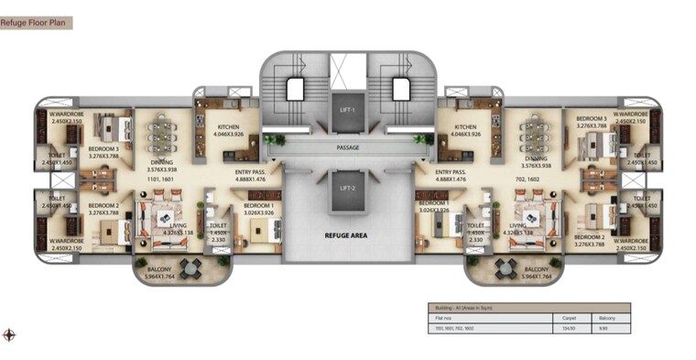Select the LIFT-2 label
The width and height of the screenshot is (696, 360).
coord(347,188)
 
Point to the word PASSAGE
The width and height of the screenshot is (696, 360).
coord(347,147)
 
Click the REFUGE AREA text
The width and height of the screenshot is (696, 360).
coord(346,235)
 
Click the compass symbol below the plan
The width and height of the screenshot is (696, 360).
coord(9,334)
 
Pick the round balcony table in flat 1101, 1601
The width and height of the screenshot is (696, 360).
coord(191,267)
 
